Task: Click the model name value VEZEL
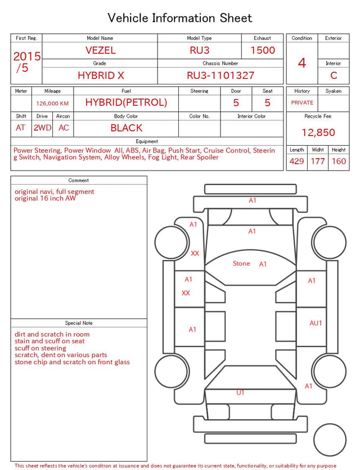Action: tap(100, 50)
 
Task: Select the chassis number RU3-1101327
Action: tap(220, 75)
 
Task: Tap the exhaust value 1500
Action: tap(263, 50)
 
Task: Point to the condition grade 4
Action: tap(302, 63)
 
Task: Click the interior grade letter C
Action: tap(334, 75)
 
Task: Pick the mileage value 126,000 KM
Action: tap(52, 104)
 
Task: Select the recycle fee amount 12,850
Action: tap(318, 132)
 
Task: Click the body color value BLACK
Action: tap(127, 128)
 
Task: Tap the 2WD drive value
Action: tap(42, 128)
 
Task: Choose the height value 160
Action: tap(339, 161)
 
